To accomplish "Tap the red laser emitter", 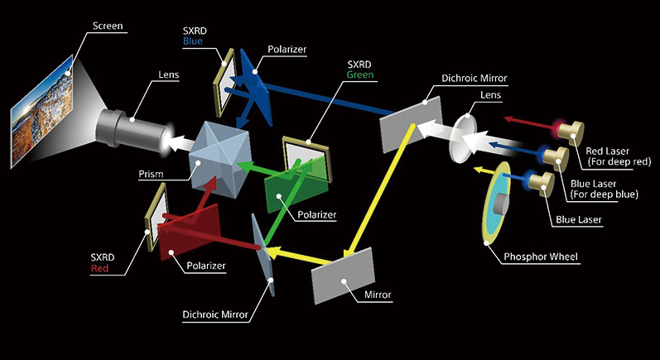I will point(568,131).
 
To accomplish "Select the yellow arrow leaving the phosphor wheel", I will point(479,172).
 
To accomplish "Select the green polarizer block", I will point(293,186).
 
